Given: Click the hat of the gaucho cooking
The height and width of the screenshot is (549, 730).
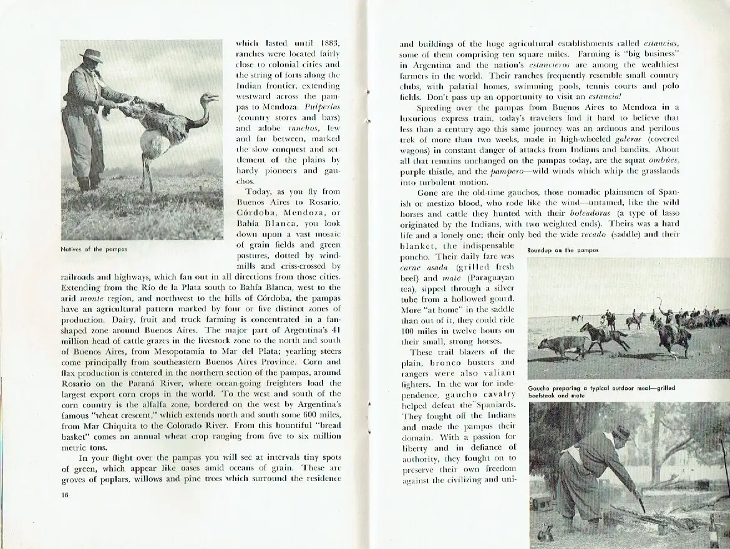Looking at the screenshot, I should tap(621, 432).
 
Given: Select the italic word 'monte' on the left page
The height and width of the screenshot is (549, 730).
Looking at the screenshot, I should tap(89, 299).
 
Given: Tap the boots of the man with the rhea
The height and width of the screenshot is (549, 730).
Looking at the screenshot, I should tap(85, 185).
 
